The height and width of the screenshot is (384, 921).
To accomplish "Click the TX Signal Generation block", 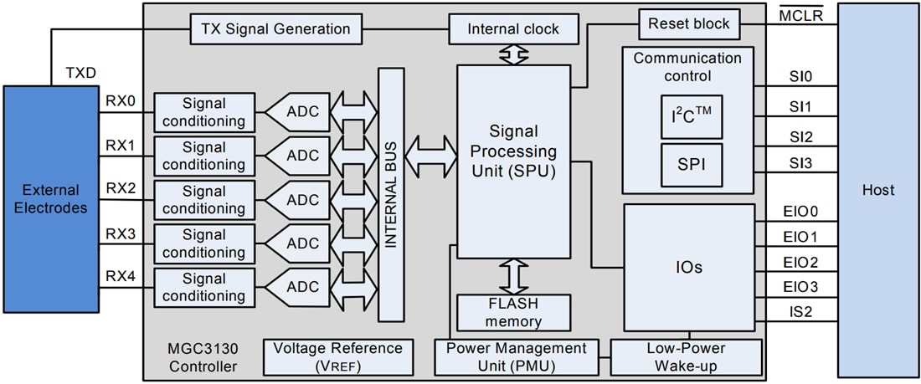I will pyautogui.click(x=275, y=29).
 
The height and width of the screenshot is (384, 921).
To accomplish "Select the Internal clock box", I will pyautogui.click(x=513, y=29).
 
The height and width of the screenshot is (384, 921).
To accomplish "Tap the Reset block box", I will pyautogui.click(x=689, y=24).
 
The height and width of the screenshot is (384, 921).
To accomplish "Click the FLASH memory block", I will pyautogui.click(x=513, y=312).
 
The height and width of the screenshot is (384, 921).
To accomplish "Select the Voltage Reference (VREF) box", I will pyautogui.click(x=337, y=356).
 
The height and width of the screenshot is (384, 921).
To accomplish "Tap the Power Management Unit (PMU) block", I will pyautogui.click(x=516, y=356).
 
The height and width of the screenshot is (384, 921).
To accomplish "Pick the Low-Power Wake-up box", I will pyautogui.click(x=686, y=356).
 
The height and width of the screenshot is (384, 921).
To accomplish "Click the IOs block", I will pyautogui.click(x=687, y=268).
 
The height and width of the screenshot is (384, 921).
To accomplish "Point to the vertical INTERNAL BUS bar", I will pyautogui.click(x=390, y=195).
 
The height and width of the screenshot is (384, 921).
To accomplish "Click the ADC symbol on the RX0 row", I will pyautogui.click(x=297, y=111).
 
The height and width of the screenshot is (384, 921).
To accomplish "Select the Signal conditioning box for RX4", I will pyautogui.click(x=203, y=287).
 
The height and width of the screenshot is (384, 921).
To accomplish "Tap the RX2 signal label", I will pyautogui.click(x=121, y=188).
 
